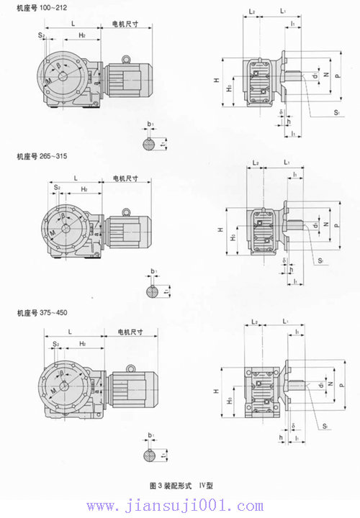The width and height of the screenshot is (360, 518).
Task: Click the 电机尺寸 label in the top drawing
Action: point(130,24)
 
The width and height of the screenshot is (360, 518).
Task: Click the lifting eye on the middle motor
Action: point(127,211)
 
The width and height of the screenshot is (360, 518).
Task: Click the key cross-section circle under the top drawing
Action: point(148,145)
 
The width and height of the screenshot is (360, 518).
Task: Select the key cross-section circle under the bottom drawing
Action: point(150,455)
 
